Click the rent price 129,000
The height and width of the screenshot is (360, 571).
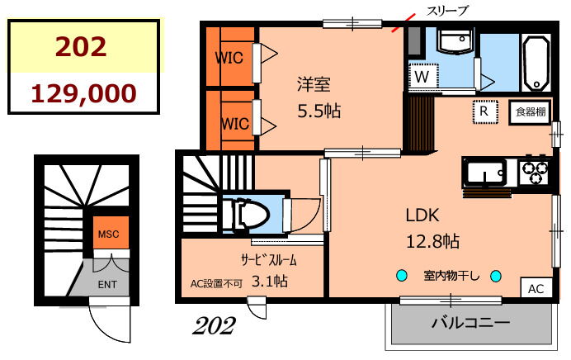coord(84,93)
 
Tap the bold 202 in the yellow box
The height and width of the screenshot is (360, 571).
coord(81,46)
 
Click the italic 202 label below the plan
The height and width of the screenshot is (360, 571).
coord(214,325)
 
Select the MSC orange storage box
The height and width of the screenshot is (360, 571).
coord(111,233)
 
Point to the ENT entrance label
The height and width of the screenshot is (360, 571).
coord(107,284)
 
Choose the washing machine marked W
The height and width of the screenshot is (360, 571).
coord(422,76)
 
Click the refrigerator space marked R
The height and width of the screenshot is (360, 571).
coord(484,111)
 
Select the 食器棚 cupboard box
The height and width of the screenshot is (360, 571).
coord(531,112)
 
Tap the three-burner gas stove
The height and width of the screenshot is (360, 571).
coord(535,172)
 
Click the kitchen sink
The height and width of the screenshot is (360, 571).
coord(485,172)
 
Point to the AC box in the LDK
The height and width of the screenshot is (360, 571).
coord(536,289)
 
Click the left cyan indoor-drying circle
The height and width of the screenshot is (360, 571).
coord(402,276)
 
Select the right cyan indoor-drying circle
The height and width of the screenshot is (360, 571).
coord(496,276)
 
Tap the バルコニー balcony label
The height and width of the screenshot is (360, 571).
coord(471,323)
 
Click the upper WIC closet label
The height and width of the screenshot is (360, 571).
coord(229,58)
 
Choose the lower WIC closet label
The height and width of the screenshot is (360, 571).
coord(235,124)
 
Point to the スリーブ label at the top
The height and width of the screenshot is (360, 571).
coord(447,10)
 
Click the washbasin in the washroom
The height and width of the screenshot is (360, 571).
coord(455,40)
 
